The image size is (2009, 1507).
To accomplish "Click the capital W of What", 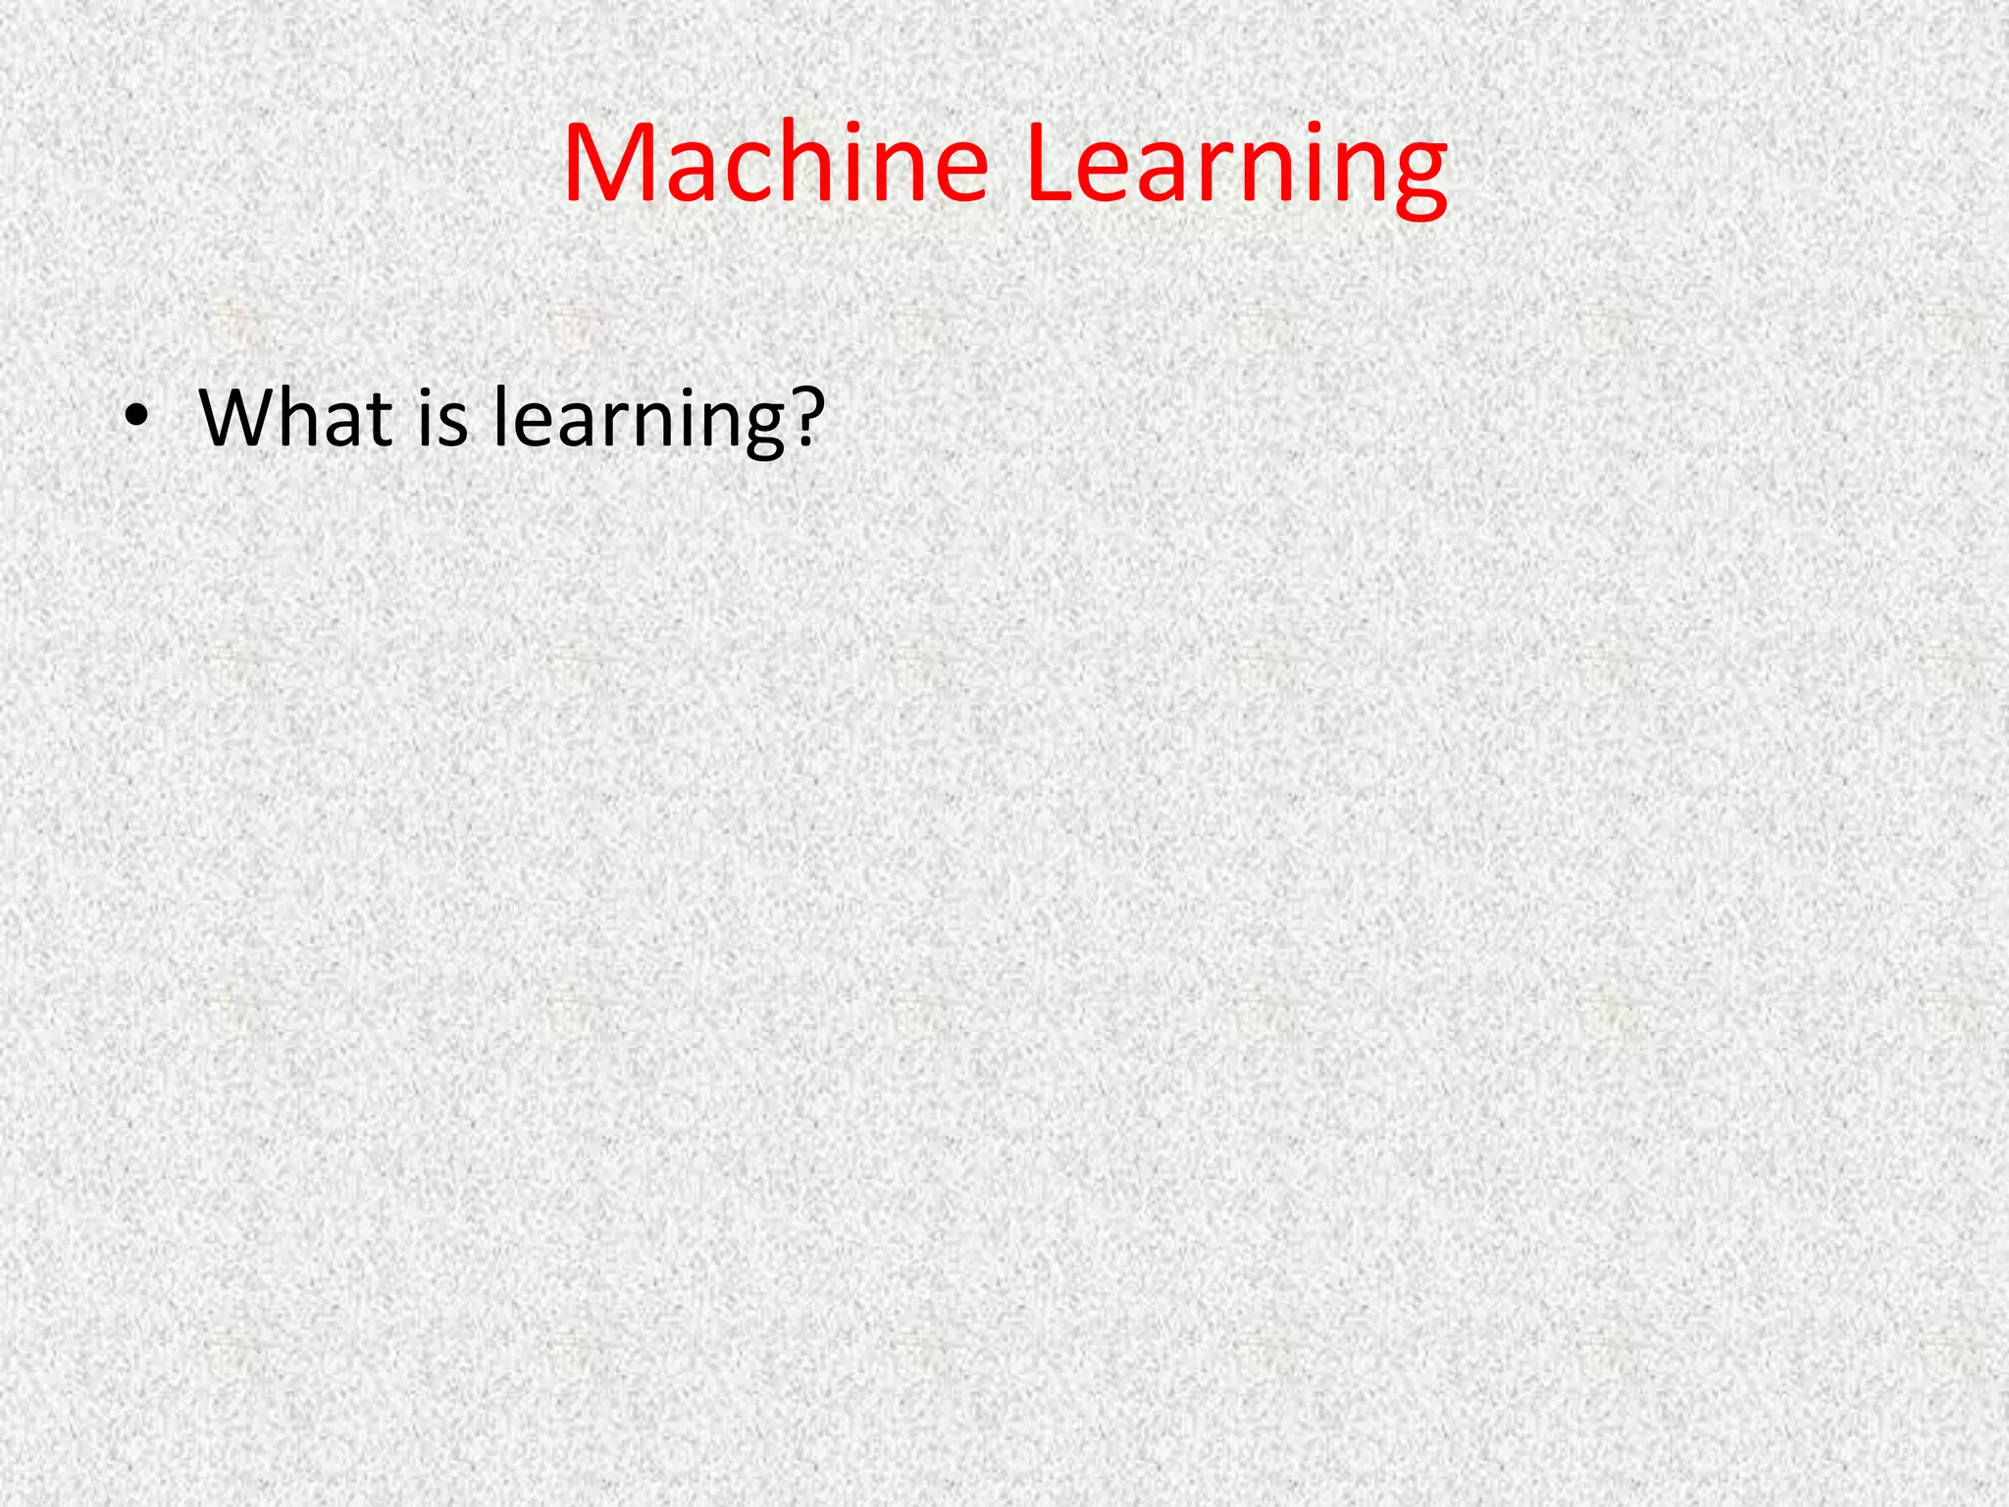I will click(x=235, y=418).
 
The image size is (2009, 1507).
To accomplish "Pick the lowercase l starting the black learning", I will click(x=499, y=416).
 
